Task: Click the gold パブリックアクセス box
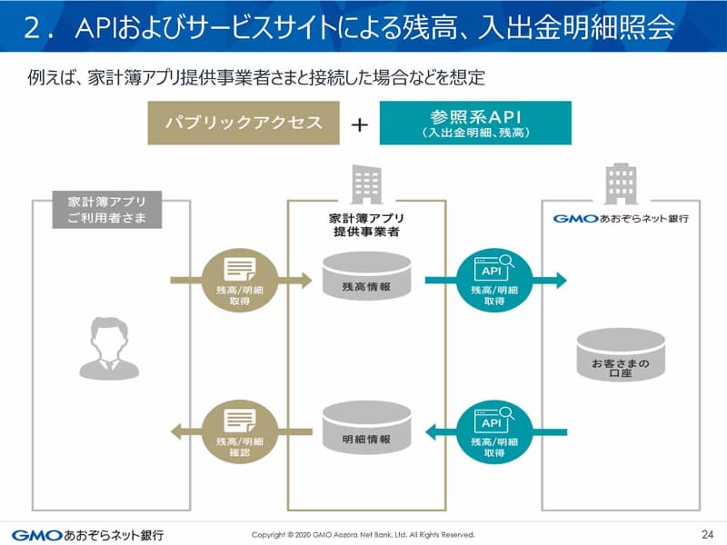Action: click(245, 123)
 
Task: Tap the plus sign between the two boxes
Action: click(360, 124)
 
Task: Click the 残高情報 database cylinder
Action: click(366, 274)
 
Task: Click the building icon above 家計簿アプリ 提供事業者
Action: click(366, 184)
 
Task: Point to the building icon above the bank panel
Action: click(622, 183)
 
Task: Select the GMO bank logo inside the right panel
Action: click(621, 219)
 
